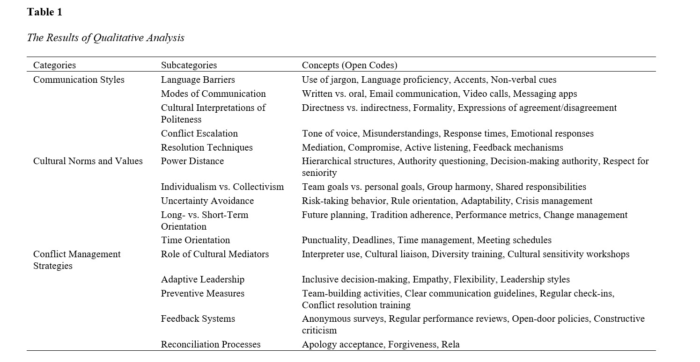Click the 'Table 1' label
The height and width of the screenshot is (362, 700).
pos(44,12)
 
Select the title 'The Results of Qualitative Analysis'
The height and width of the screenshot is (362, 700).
pos(105,38)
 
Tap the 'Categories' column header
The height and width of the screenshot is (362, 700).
pos(54,65)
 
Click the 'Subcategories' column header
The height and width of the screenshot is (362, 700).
pos(189,65)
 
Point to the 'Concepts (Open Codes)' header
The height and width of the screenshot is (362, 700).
pos(349,65)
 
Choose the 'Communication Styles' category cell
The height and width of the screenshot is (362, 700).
pos(79,80)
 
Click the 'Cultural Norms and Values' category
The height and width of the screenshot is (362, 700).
pos(88,161)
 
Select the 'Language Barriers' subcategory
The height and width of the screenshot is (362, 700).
pos(198,80)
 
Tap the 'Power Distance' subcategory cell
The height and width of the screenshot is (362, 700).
pos(192,161)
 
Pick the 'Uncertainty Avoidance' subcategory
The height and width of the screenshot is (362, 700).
pos(207,201)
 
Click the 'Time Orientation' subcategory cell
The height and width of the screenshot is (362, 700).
pos(195,240)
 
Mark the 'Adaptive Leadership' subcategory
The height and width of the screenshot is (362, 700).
pos(202,280)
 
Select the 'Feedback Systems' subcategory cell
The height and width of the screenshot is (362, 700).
pos(198,319)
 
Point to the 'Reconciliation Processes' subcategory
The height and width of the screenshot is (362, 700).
pos(210,345)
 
